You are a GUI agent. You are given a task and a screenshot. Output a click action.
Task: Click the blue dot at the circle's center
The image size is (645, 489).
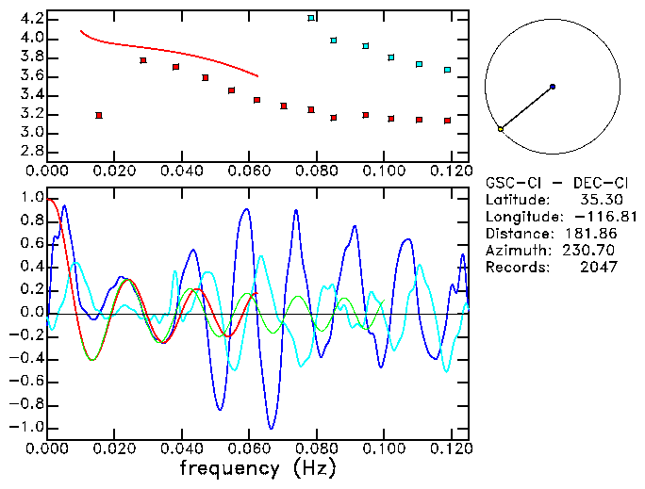[x=553, y=87]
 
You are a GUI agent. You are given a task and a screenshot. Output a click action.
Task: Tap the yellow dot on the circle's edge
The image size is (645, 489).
[x=501, y=128]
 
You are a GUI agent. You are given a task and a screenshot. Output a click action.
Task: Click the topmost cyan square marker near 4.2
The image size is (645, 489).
[x=311, y=18]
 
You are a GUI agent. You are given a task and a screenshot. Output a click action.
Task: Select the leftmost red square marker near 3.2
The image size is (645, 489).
[x=99, y=115]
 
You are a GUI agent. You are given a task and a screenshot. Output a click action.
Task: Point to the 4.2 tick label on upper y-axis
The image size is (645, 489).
[x=31, y=19]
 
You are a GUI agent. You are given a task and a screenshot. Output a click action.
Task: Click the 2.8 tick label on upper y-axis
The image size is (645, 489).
[x=31, y=152]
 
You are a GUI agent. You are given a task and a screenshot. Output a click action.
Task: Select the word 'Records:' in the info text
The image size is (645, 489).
[x=515, y=267]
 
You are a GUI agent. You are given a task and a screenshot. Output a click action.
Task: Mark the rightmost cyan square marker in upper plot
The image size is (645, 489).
[x=447, y=70]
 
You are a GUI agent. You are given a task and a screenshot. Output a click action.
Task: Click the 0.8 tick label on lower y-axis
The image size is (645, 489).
[x=31, y=221]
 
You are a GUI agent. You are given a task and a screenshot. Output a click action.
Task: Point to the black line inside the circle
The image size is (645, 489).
[x=526, y=107]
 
